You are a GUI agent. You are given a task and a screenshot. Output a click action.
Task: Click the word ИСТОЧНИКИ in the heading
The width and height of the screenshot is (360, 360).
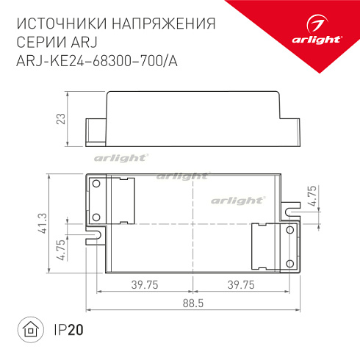[61, 24]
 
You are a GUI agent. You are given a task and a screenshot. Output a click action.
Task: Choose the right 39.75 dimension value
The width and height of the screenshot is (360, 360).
[240, 284]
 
